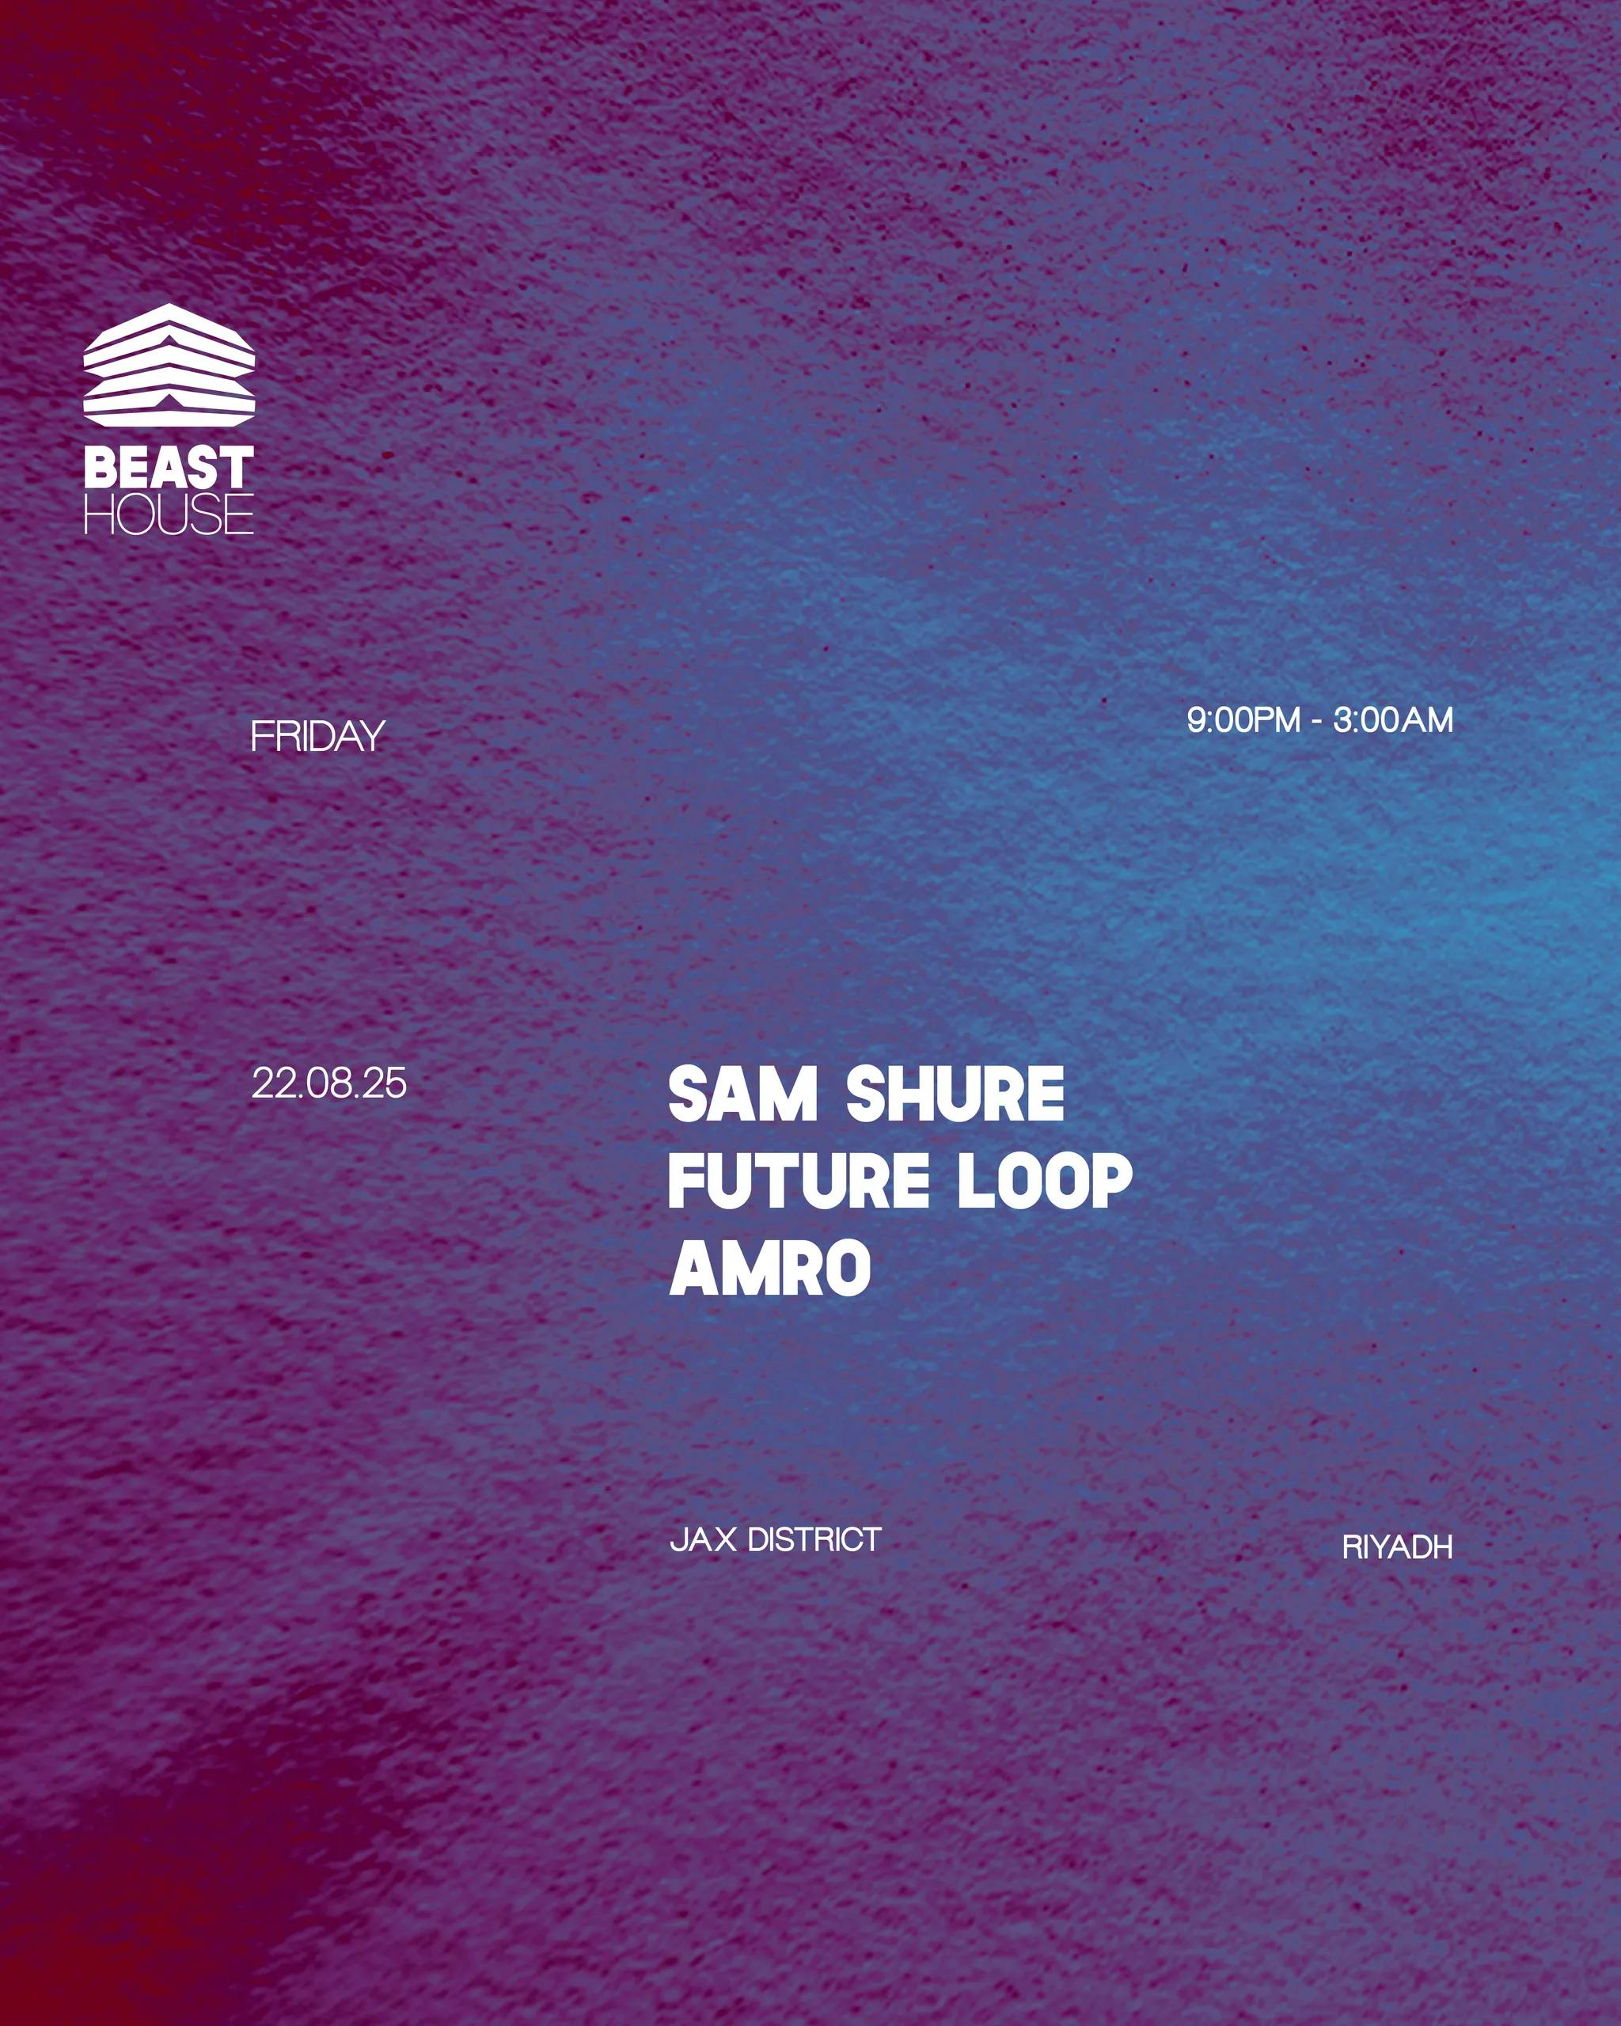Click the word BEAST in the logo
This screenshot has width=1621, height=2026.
coord(169,467)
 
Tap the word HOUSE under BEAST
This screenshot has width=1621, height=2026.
coord(169,513)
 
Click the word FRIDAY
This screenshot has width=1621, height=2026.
coord(317,736)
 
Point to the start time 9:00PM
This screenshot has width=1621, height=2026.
coord(1243,720)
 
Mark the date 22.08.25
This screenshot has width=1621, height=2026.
coord(329,1083)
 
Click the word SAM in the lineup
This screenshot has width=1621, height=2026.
coord(742,1094)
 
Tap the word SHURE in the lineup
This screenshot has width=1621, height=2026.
coord(955,1094)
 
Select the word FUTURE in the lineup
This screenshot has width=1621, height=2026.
coord(799,1182)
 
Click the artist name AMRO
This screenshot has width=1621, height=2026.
coord(769,1268)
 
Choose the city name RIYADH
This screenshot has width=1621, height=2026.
coord(1397,1546)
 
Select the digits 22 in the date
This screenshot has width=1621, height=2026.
coord(271,1083)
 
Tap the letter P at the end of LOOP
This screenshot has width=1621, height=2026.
coord(1114,1182)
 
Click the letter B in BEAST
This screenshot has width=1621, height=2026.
coord(100,467)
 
